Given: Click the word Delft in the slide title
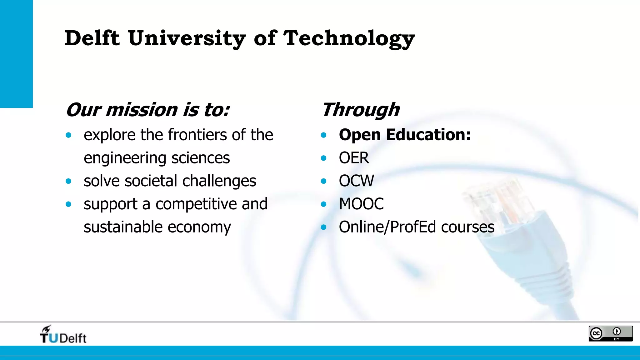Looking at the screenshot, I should pyautogui.click(x=92, y=38).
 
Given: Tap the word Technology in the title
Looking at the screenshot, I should pyautogui.click(x=349, y=39).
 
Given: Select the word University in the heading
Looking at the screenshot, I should pyautogui.click(x=187, y=39).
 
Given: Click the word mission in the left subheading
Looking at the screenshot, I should pyautogui.click(x=142, y=110).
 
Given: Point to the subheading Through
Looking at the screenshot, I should pyautogui.click(x=361, y=110).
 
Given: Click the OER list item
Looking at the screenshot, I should pyautogui.click(x=354, y=158).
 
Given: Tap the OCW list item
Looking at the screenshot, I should pyautogui.click(x=356, y=181).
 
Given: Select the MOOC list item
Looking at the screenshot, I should pyautogui.click(x=361, y=204).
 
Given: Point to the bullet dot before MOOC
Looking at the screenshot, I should pyautogui.click(x=324, y=204).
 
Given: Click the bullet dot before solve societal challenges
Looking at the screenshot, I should pyautogui.click(x=68, y=181).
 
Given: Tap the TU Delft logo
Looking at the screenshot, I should pyautogui.click(x=63, y=335).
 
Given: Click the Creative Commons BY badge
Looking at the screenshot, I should pyautogui.click(x=610, y=333).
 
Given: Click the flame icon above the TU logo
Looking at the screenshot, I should pyautogui.click(x=47, y=328).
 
